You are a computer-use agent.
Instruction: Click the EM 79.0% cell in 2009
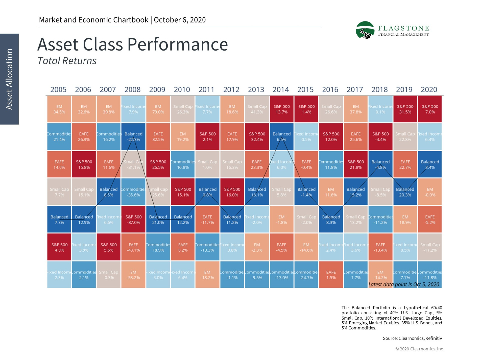[158, 109]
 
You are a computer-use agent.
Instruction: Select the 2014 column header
[281, 90]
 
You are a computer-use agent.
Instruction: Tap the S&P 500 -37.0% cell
[133, 220]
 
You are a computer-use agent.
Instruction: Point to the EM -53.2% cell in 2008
[133, 275]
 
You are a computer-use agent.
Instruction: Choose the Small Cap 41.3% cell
[257, 109]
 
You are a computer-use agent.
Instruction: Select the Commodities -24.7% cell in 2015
[306, 275]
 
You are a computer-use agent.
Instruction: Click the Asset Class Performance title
[133, 44]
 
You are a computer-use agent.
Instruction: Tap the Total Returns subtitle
[67, 61]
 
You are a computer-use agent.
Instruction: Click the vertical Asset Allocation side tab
[9, 79]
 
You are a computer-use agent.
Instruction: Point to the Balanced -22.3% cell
[133, 137]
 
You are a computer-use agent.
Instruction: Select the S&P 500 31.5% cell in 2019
[405, 109]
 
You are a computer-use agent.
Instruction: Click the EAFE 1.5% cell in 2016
[331, 275]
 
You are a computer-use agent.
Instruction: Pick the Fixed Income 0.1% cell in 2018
[380, 109]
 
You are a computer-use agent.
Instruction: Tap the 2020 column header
[429, 90]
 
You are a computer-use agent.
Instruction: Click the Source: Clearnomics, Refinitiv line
[412, 338]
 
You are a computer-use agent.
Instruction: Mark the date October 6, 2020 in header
[180, 20]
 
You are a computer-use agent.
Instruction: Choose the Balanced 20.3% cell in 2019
[405, 192]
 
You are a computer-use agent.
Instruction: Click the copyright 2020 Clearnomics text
[419, 349]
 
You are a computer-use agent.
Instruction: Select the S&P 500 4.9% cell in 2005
[59, 247]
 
